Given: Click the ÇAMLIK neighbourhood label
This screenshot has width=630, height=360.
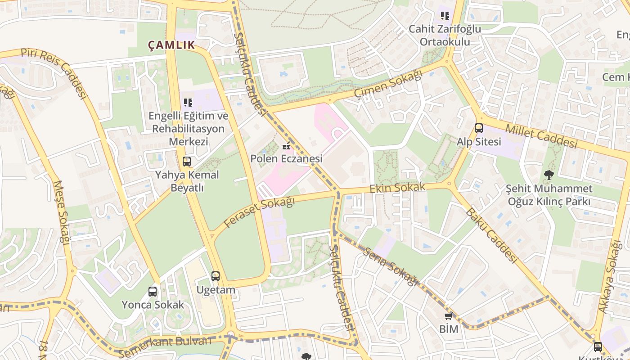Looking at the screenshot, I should click(171, 45).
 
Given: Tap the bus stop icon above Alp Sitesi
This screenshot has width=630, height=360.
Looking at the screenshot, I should click(479, 128).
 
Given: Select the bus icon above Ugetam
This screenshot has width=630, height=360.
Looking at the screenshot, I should click(216, 276).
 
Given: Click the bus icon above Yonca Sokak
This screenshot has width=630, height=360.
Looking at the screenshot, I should click(153, 292).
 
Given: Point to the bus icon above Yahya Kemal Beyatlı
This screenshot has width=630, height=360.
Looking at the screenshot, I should click(187, 161).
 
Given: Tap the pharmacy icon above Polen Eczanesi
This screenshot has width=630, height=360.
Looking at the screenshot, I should click(286, 146).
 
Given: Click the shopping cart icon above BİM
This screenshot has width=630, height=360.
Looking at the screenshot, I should click(448, 316).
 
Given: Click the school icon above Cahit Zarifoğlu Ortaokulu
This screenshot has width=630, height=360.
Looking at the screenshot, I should click(445, 16).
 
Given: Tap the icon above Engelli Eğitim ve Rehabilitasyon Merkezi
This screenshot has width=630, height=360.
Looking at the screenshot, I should click(188, 103).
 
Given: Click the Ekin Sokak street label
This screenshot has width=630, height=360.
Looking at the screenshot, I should click(397, 188).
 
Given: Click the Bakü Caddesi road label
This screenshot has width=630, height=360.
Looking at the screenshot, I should click(491, 235).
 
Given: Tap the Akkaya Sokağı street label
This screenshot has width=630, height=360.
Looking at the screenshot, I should click(610, 276).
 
